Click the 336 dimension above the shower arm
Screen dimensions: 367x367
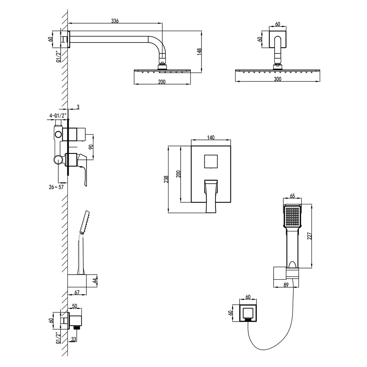[x=115, y=21]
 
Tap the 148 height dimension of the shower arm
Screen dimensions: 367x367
[x=199, y=52]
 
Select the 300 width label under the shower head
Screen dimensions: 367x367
[x=277, y=79]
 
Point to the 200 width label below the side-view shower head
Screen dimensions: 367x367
[x=162, y=82]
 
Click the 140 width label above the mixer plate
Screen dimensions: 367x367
[x=211, y=137]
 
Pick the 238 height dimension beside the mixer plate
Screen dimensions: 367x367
[x=166, y=179]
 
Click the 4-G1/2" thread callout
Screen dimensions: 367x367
[x=58, y=115]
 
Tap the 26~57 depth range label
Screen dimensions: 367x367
[x=56, y=187]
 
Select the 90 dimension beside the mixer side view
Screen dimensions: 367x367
[x=91, y=147]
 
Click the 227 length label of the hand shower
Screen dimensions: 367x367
[x=310, y=236]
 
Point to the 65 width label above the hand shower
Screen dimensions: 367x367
[x=292, y=196]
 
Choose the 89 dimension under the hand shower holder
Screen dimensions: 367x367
[x=286, y=290]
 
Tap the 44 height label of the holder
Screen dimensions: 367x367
[x=95, y=280]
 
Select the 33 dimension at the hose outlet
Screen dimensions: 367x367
[x=73, y=339]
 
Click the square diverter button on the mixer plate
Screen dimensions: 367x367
[x=211, y=161]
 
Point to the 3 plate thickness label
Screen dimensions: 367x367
[x=78, y=107]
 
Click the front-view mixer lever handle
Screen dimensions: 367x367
[x=211, y=196]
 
